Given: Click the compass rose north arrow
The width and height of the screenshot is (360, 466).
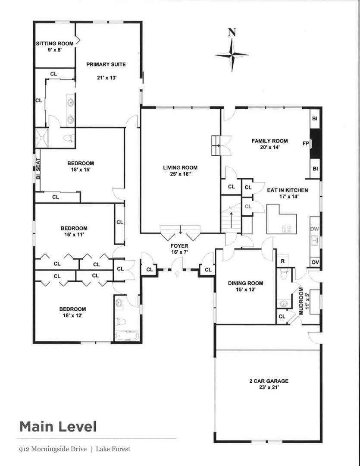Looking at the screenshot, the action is click(232, 50).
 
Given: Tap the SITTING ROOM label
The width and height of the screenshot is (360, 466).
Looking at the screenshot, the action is click(55, 44).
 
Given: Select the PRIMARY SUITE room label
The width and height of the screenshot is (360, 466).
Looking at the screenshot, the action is click(106, 64).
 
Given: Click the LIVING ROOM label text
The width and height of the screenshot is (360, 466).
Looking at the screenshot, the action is click(180, 167).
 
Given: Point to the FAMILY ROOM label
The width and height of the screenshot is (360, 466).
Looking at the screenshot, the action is click(270, 141).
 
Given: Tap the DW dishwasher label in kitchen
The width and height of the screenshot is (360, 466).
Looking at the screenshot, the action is click(315, 229).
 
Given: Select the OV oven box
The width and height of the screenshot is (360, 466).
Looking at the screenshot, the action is click(315, 262).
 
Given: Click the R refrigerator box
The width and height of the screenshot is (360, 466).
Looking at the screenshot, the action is click(283, 261).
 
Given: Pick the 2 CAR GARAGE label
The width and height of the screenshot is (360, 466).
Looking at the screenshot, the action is click(269, 381).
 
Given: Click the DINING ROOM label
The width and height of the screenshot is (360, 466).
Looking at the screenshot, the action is click(246, 283).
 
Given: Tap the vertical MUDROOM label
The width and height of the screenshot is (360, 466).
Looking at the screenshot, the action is click(301, 301).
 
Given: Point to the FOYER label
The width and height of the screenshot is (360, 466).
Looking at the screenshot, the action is click(179, 246).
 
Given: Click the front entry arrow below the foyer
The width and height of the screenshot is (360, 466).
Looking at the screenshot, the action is click(177, 274).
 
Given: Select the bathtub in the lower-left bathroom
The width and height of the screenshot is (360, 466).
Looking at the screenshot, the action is click(126, 336).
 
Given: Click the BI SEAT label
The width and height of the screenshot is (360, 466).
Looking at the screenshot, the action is click(38, 169).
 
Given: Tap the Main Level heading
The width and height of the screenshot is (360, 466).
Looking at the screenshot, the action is click(58, 426).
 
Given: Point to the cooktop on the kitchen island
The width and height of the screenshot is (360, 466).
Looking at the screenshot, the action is click(287, 229).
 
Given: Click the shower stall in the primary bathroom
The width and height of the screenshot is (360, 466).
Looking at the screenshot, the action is click(41, 138).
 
